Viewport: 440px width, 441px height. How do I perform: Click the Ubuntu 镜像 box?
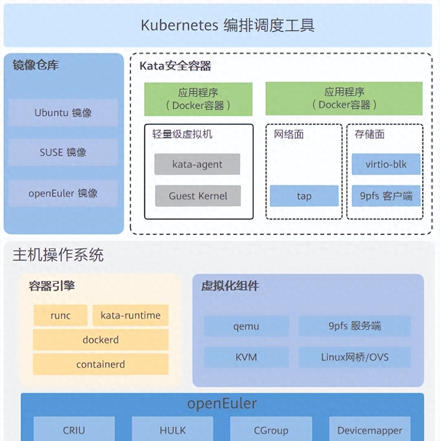[63, 113]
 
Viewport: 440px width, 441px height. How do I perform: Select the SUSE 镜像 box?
[63, 152]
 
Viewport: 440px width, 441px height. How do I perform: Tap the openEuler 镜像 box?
[63, 193]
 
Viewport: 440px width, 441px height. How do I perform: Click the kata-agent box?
[197, 164]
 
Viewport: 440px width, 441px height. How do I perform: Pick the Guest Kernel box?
[198, 196]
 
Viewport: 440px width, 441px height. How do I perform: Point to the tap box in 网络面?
[304, 196]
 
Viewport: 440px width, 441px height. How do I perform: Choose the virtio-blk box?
[386, 164]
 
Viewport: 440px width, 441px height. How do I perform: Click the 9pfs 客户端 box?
[386, 196]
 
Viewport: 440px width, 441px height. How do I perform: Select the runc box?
[61, 316]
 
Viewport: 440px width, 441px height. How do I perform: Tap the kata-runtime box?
[131, 316]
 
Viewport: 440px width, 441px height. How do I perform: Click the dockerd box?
[101, 340]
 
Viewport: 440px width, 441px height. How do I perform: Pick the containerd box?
[101, 364]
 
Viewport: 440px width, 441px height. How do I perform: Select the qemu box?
[246, 326]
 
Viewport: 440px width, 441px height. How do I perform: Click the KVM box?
[246, 357]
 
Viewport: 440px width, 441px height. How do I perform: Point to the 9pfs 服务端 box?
[355, 326]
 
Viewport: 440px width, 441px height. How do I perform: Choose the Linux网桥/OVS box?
[355, 357]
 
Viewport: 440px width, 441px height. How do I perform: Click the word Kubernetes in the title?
[179, 25]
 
